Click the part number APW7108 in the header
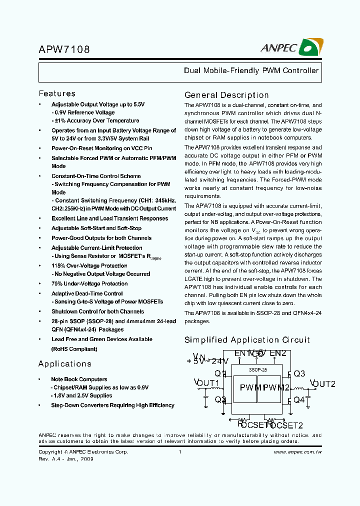64,50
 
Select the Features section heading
57,93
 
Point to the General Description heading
226,95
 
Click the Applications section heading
65,363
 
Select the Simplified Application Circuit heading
247,340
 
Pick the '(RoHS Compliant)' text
74,349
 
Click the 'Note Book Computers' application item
79,379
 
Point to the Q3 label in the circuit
299,373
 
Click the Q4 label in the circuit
299,399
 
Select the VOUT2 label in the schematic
322,384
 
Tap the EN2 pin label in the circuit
277,353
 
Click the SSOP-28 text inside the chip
257,369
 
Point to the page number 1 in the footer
179,451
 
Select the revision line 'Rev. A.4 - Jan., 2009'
65,458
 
